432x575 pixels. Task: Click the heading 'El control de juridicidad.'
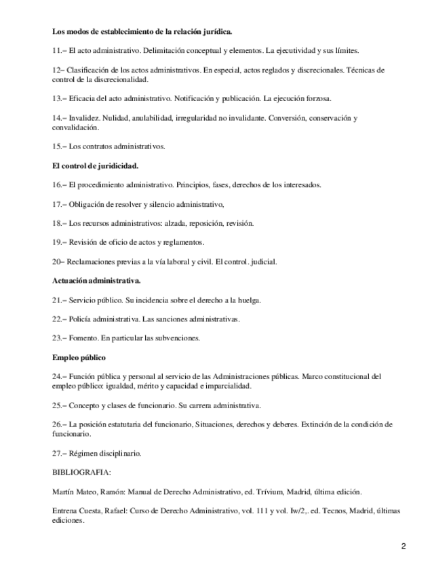click(96, 165)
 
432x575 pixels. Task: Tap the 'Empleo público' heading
click(79, 357)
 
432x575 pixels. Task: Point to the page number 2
click(403, 547)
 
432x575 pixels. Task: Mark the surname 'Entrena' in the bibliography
click(66, 511)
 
